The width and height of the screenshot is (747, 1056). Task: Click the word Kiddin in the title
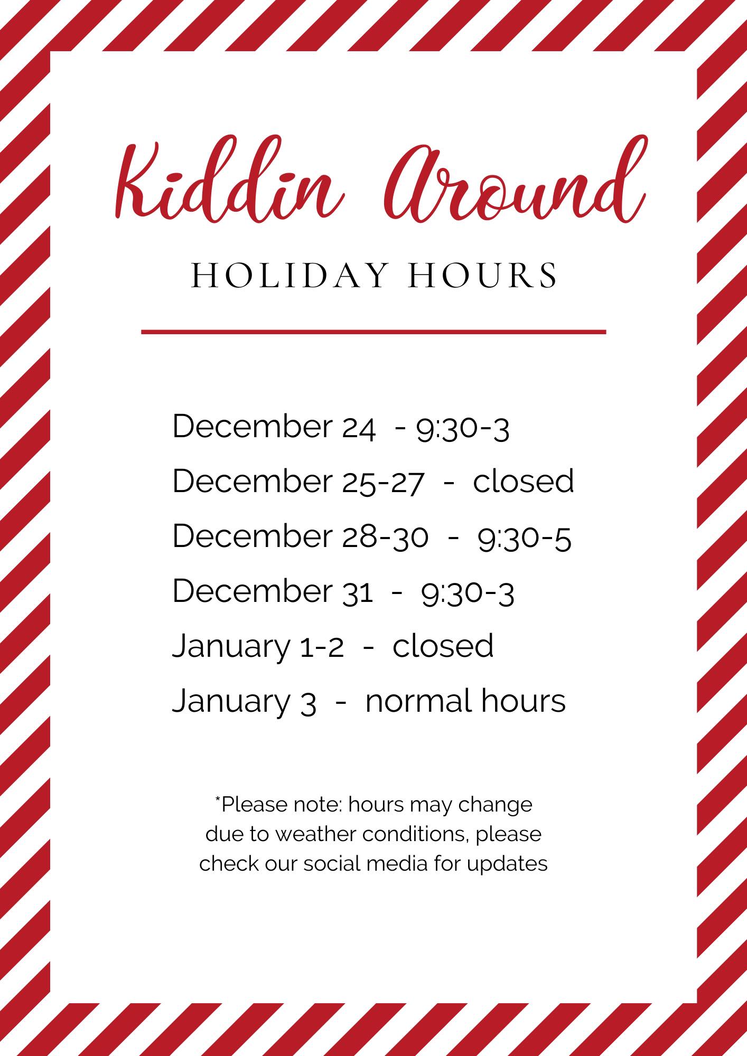[x=227, y=184]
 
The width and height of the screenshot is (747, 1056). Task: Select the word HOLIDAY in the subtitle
[x=288, y=275]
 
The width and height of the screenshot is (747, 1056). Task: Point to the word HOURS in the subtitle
[x=482, y=275]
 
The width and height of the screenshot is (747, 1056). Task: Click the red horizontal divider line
[x=373, y=332]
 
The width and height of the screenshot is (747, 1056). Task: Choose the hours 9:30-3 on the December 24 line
[x=463, y=429]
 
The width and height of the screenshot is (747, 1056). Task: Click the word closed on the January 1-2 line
[x=443, y=645]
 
